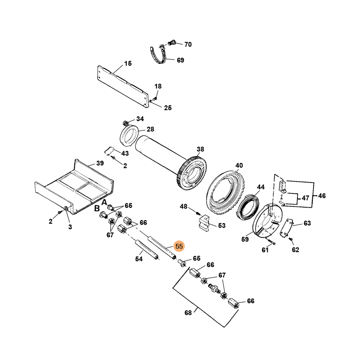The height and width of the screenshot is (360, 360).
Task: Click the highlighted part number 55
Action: pos(179,246)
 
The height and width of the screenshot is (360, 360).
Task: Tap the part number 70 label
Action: pos(188,45)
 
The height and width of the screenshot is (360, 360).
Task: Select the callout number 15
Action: pos(128,63)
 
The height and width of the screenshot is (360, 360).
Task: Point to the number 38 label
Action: pos(200,149)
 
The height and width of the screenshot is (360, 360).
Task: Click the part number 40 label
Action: pos(238,166)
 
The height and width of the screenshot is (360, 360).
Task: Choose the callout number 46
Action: pos(321,196)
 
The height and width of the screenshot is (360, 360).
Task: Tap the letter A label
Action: pos(104,202)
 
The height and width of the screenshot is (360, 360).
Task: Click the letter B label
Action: pos(97,208)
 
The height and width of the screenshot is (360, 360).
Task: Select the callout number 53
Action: pos(221,225)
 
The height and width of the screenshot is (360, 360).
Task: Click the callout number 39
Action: pos(99,163)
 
